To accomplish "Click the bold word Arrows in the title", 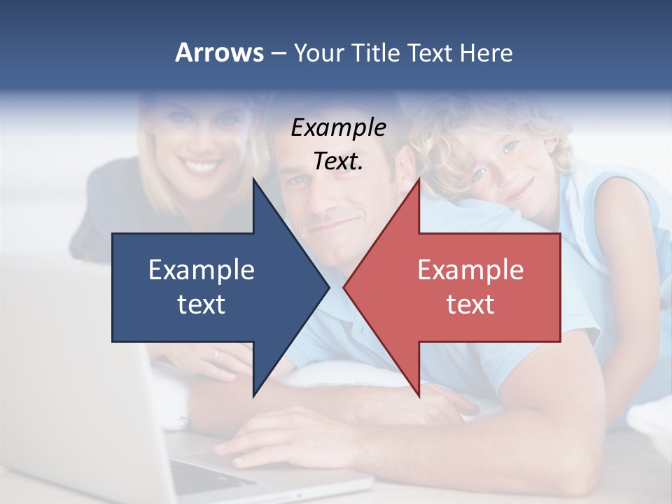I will click(220, 52).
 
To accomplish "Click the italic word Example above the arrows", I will click(338, 127).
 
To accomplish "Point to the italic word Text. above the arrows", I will click(338, 161).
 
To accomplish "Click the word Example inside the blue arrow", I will click(202, 269).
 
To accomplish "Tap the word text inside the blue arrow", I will click(202, 304).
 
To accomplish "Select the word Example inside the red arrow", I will click(470, 269).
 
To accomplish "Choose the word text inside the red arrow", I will click(470, 304).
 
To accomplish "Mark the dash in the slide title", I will click(278, 53).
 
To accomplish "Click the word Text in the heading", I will click(430, 52).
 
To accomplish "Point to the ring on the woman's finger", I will click(216, 355).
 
